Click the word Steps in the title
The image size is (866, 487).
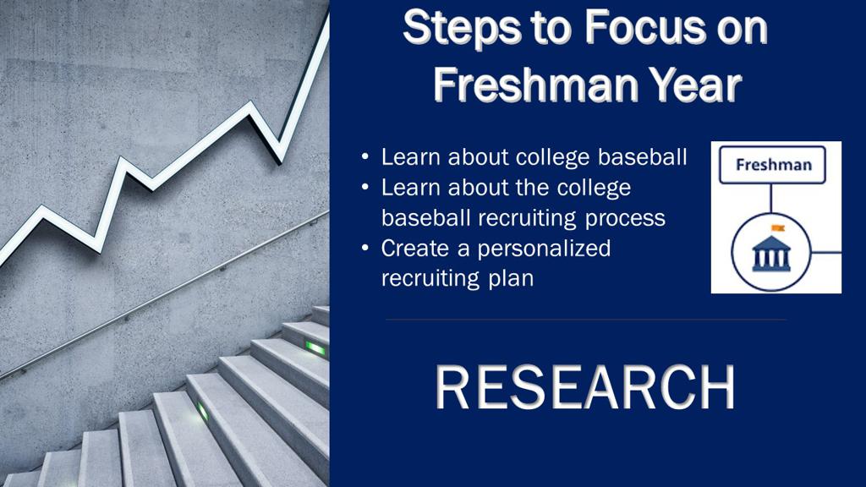tap(462, 29)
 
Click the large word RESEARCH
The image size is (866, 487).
tap(585, 387)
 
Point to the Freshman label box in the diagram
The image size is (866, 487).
tap(772, 165)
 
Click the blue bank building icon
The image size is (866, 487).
tap(771, 254)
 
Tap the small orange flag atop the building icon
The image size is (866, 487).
tap(778, 227)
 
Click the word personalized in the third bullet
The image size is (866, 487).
tap(544, 249)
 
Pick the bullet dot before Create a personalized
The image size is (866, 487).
tap(365, 248)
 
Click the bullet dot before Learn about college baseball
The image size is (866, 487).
tap(365, 156)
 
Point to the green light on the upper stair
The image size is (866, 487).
tap(315, 347)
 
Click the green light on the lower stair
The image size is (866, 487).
tap(203, 412)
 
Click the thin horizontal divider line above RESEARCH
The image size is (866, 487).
tap(585, 319)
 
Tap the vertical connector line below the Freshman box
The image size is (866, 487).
tap(771, 198)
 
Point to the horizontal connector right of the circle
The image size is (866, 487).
tap(826, 252)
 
